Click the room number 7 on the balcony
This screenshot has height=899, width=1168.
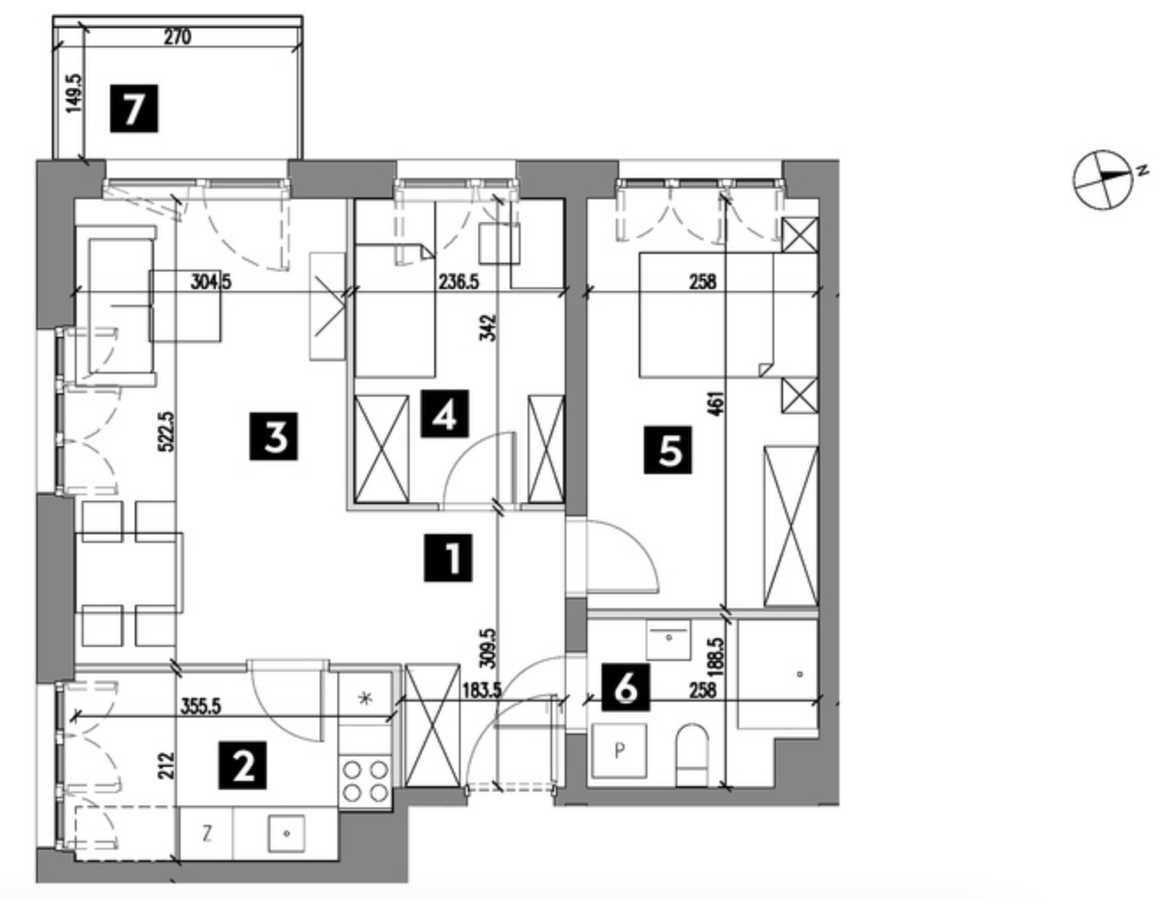click(x=134, y=108)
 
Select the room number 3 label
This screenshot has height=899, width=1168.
click(x=273, y=436)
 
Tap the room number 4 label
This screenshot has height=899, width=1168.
click(x=445, y=413)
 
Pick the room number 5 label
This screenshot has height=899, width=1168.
click(x=668, y=450)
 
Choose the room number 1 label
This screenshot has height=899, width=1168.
click(x=447, y=558)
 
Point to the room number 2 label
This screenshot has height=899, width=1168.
click(x=242, y=765)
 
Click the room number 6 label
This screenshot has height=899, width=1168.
click(x=625, y=687)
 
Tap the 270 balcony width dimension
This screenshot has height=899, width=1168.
click(x=177, y=38)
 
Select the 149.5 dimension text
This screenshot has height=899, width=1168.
click(x=75, y=93)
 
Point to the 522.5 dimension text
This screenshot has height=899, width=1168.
click(x=166, y=431)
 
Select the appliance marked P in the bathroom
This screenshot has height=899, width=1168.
click(x=618, y=750)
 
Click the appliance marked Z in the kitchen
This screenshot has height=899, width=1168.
click(x=206, y=834)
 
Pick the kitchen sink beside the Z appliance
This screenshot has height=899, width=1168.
click(x=286, y=834)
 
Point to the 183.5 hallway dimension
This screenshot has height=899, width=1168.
click(x=482, y=691)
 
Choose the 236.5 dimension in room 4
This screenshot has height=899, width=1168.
click(x=459, y=282)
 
